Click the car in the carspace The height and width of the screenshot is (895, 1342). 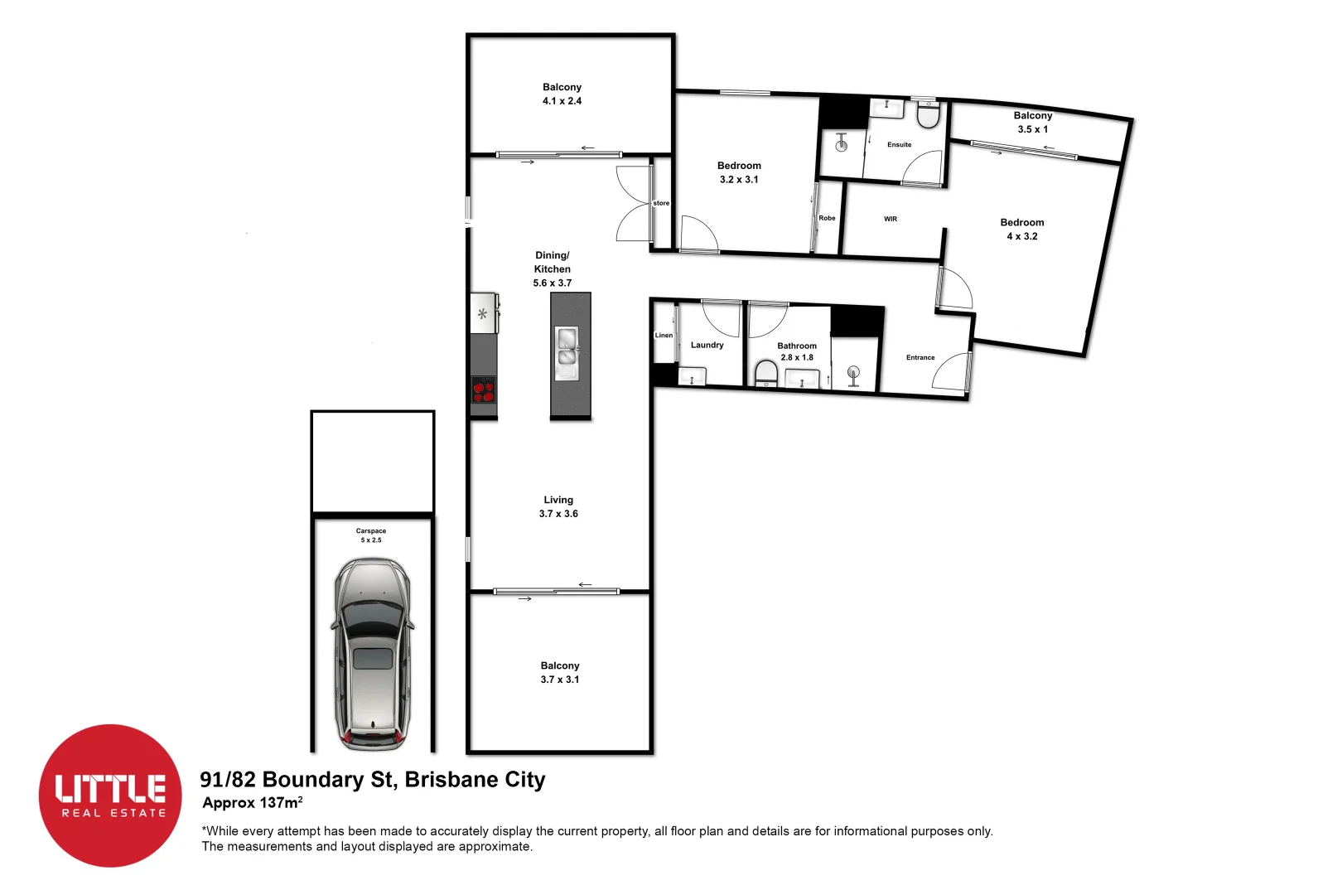[x=372, y=655]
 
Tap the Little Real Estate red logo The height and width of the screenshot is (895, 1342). [x=110, y=796]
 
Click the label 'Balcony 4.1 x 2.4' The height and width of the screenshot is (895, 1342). [x=562, y=94]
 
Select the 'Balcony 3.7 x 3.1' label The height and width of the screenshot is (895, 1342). [x=560, y=672]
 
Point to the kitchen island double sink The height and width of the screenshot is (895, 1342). [x=567, y=347]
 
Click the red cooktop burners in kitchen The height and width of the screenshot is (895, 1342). [x=484, y=389]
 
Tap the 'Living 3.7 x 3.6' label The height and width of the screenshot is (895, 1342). [x=558, y=506]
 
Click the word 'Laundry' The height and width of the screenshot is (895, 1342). [x=707, y=345]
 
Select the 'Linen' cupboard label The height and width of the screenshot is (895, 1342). [x=664, y=335]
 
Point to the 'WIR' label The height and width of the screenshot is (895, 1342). [x=890, y=219]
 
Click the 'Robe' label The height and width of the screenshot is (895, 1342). [x=827, y=218]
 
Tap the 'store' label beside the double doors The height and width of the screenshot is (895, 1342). [x=661, y=203]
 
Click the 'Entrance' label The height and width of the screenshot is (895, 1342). [x=920, y=357]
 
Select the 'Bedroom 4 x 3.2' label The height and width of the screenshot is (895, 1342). [x=1021, y=229]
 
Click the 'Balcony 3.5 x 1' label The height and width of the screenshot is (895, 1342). [x=1032, y=122]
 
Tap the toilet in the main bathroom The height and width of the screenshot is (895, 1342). [x=766, y=374]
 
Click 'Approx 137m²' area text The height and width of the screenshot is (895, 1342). [x=252, y=802]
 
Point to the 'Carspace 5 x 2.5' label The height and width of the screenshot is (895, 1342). [x=371, y=535]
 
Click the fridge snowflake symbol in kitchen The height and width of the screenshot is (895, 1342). [x=482, y=314]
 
